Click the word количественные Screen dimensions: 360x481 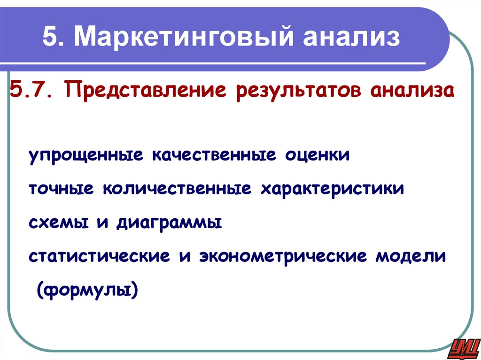(177, 189)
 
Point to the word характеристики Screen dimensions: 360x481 (332, 189)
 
